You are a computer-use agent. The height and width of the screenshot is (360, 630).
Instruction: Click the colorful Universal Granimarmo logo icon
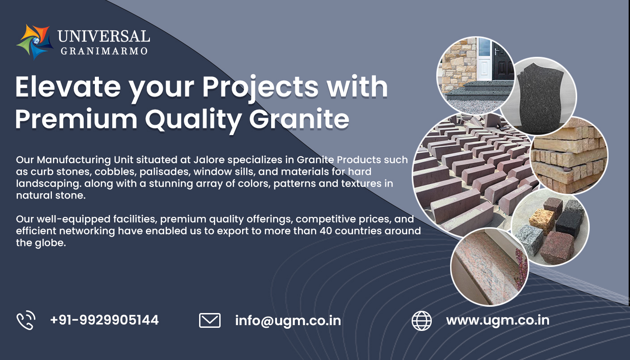click(35, 42)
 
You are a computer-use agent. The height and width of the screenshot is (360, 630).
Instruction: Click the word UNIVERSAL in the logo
click(104, 37)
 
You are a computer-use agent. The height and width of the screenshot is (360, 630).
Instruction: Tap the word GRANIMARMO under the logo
click(104, 51)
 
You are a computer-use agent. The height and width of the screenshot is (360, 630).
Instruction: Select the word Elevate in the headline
click(68, 87)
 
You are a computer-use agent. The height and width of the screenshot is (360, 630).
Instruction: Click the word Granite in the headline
click(299, 119)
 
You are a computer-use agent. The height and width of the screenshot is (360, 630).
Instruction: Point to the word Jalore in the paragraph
click(209, 160)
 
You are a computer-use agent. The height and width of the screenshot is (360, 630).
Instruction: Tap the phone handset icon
click(26, 320)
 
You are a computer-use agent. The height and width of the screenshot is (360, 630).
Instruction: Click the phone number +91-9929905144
click(104, 320)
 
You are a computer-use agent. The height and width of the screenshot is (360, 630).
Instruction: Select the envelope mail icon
click(210, 320)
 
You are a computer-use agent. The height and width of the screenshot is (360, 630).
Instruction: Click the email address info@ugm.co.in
click(288, 321)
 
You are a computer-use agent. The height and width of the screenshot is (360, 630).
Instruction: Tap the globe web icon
click(421, 321)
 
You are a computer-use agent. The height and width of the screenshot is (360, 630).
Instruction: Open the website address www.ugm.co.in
click(498, 321)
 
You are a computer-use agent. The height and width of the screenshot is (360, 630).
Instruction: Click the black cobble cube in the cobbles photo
click(569, 224)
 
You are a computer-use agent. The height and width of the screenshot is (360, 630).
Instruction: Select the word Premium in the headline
click(76, 119)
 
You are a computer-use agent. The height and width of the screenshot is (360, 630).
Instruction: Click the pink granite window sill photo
click(490, 267)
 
